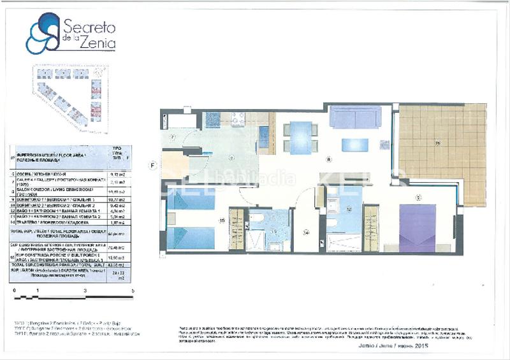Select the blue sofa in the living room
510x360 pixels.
[355, 118]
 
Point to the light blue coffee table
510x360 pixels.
[354, 145]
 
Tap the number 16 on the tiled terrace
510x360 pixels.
[438, 143]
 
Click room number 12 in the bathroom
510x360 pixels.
[349, 209]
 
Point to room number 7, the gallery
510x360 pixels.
[172, 137]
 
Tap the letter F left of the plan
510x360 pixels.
[152, 165]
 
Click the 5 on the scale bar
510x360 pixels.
[133, 290]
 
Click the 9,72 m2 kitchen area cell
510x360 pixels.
[117, 173]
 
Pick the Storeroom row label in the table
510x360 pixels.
[57, 222]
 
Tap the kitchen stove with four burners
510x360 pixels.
[238, 118]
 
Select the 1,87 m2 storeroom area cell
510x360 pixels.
[117, 222]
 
